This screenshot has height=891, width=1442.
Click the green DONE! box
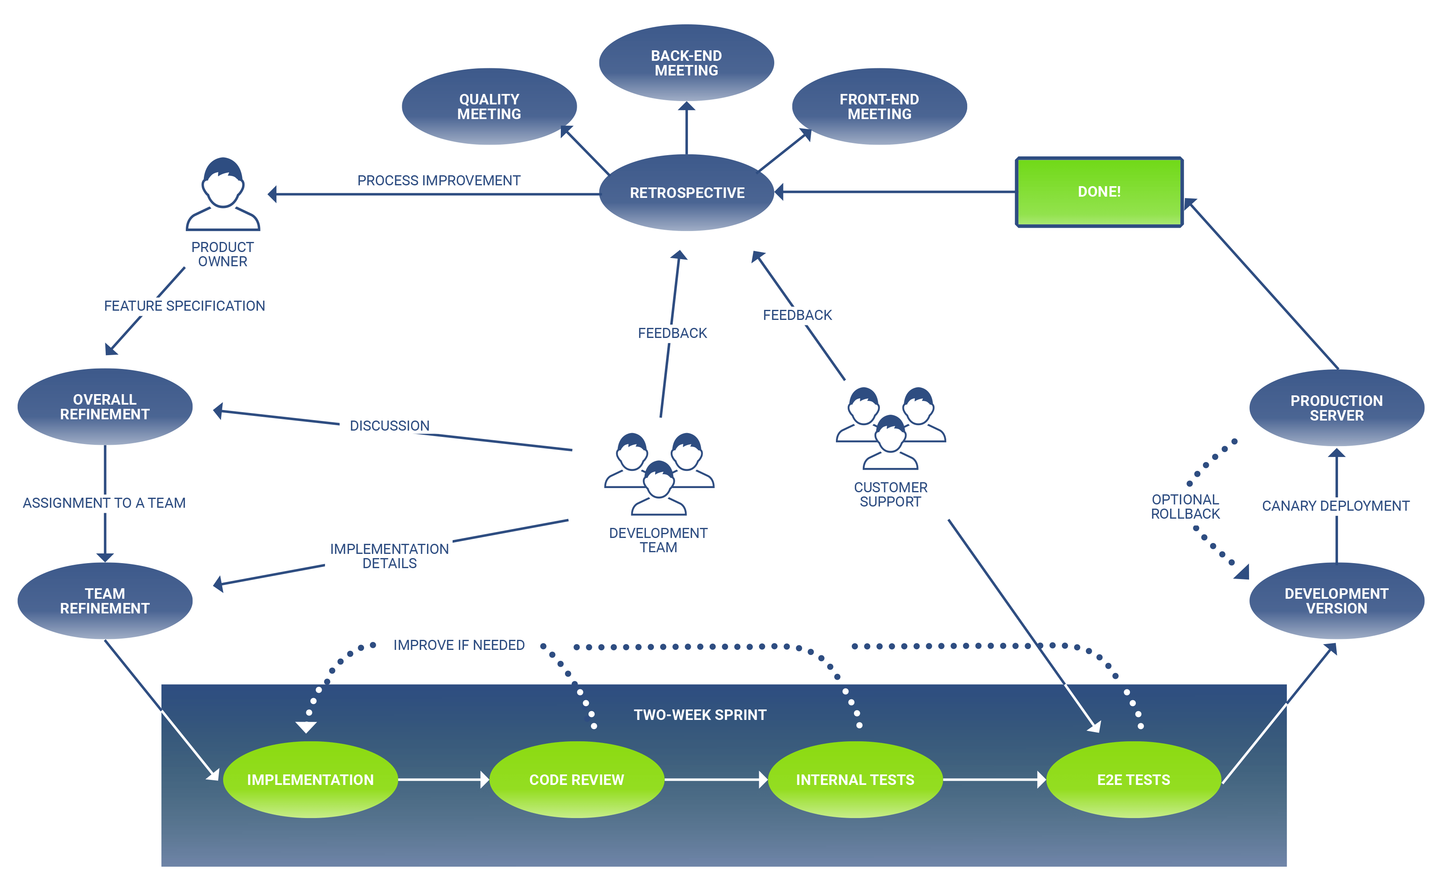(1098, 192)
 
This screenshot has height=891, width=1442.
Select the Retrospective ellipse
(687, 193)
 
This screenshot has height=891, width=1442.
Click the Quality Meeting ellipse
(489, 107)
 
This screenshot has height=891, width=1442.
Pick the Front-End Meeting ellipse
(879, 107)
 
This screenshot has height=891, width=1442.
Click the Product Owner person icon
(223, 195)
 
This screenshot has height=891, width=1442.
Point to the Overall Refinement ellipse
(105, 407)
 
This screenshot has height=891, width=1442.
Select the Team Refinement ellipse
(105, 600)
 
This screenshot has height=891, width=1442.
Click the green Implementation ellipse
(310, 779)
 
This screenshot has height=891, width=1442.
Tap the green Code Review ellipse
(576, 779)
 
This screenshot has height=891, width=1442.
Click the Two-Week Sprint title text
(700, 715)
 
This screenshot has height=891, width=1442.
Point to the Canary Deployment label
(1335, 506)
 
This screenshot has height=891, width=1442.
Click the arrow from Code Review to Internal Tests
(716, 779)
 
